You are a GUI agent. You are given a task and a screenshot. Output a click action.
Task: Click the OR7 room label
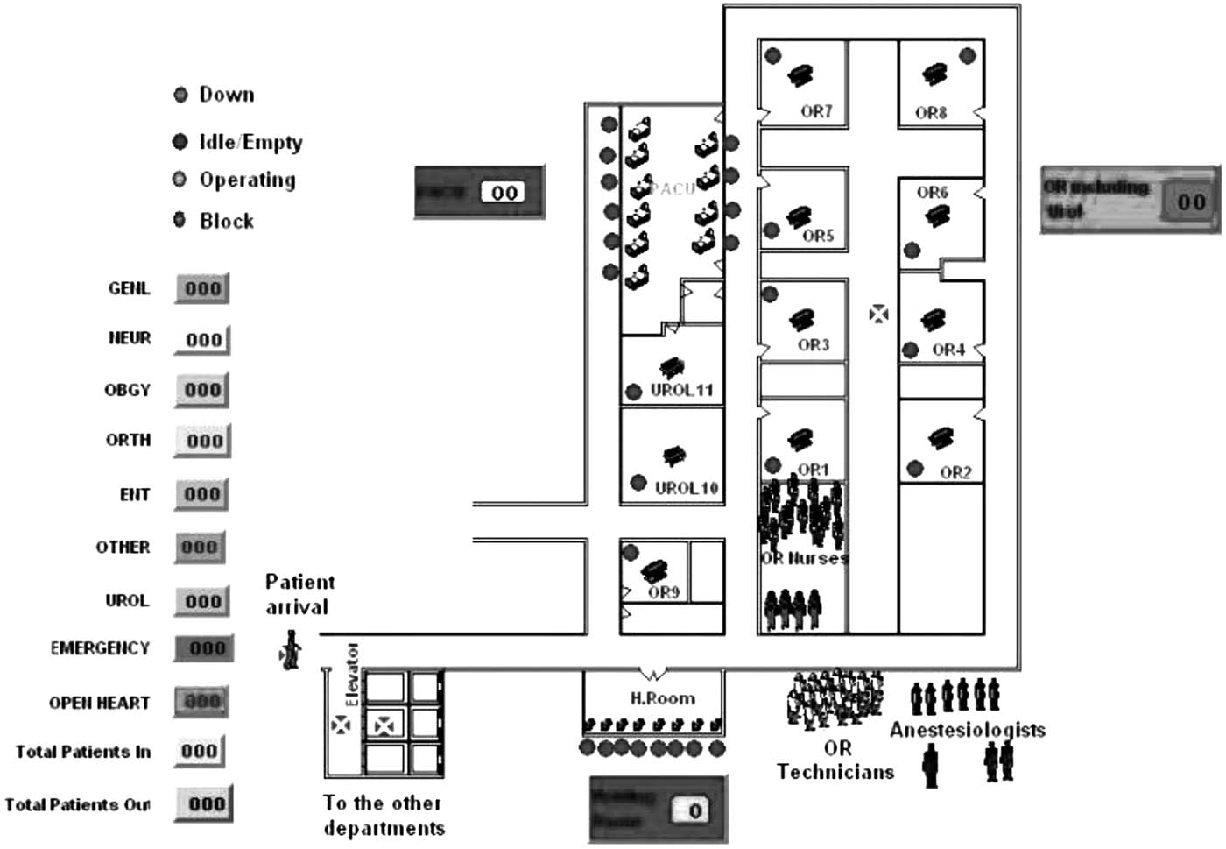tap(815, 111)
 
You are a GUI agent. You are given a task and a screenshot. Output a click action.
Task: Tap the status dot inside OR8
tap(967, 55)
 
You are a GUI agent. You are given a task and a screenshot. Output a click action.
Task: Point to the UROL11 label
tap(681, 390)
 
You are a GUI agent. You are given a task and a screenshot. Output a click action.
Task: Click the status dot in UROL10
tap(638, 483)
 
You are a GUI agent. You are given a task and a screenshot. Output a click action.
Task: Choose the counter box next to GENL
tap(202, 288)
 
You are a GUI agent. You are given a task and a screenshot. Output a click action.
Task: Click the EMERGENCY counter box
tap(205, 648)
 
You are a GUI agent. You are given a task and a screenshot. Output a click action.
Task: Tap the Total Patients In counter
tap(200, 751)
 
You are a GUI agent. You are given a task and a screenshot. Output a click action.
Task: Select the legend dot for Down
tap(180, 95)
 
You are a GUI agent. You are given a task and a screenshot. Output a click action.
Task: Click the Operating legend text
tap(247, 180)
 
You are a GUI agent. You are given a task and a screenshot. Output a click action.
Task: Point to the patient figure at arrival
tap(292, 649)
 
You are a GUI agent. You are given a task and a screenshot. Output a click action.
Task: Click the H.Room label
tap(662, 698)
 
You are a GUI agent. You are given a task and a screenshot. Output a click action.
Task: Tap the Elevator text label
tap(352, 674)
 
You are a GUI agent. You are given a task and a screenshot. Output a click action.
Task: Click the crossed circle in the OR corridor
tap(878, 313)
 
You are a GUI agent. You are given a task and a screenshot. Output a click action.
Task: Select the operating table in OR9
tap(653, 570)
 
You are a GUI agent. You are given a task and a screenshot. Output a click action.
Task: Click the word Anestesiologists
tap(967, 729)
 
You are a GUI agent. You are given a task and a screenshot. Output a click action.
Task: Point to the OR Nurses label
tap(804, 558)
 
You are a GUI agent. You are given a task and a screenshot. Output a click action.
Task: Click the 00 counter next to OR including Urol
tap(1190, 202)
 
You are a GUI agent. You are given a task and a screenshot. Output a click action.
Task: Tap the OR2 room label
tap(955, 472)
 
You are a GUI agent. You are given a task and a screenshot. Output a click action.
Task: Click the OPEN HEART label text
tap(99, 702)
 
